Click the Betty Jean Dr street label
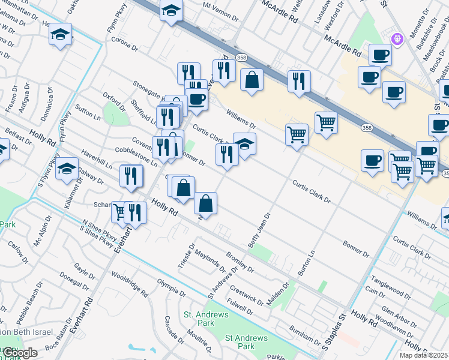[x=260, y=230]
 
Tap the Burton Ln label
[x=306, y=262]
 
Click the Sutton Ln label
[x=88, y=114]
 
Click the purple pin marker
[x=396, y=40]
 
